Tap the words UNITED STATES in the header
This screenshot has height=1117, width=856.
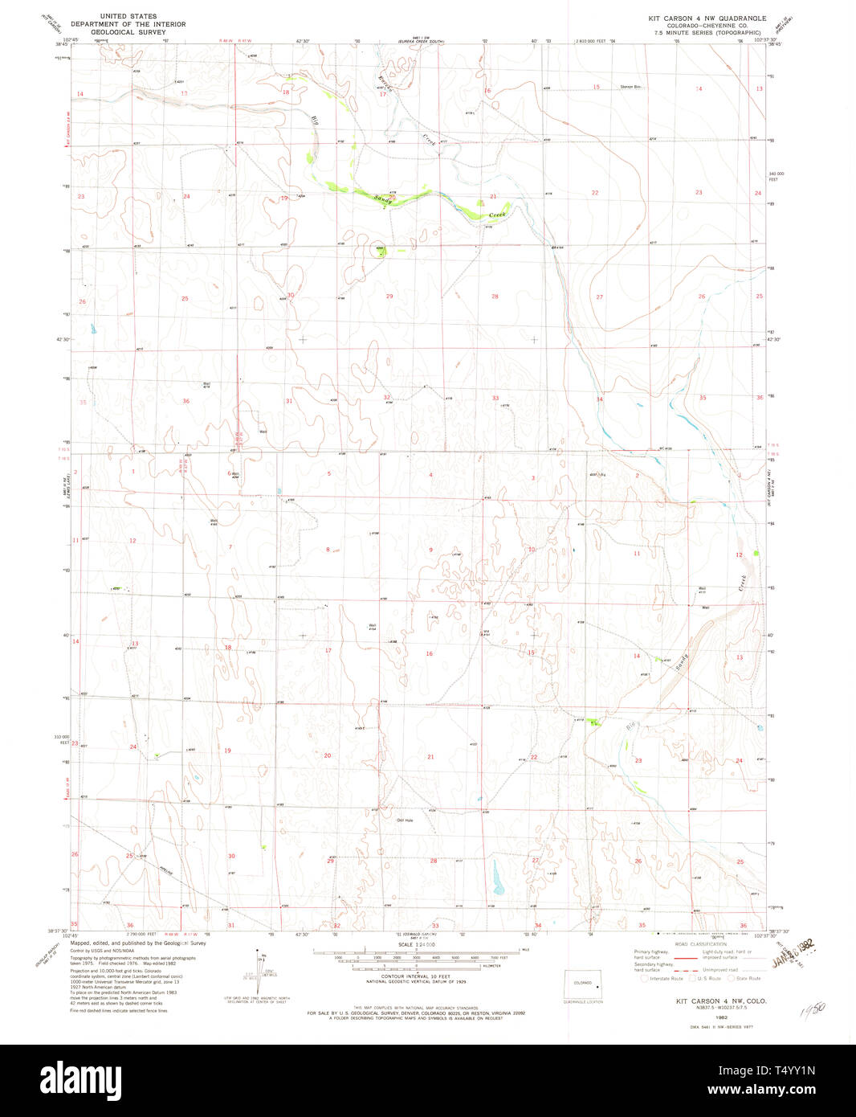point(128,16)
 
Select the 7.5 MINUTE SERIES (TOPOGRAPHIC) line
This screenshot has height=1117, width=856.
point(707,32)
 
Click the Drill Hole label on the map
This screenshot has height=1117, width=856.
point(404,820)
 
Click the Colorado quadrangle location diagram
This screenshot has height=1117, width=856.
point(585,985)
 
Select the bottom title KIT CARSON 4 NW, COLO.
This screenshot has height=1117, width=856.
point(710,1000)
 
